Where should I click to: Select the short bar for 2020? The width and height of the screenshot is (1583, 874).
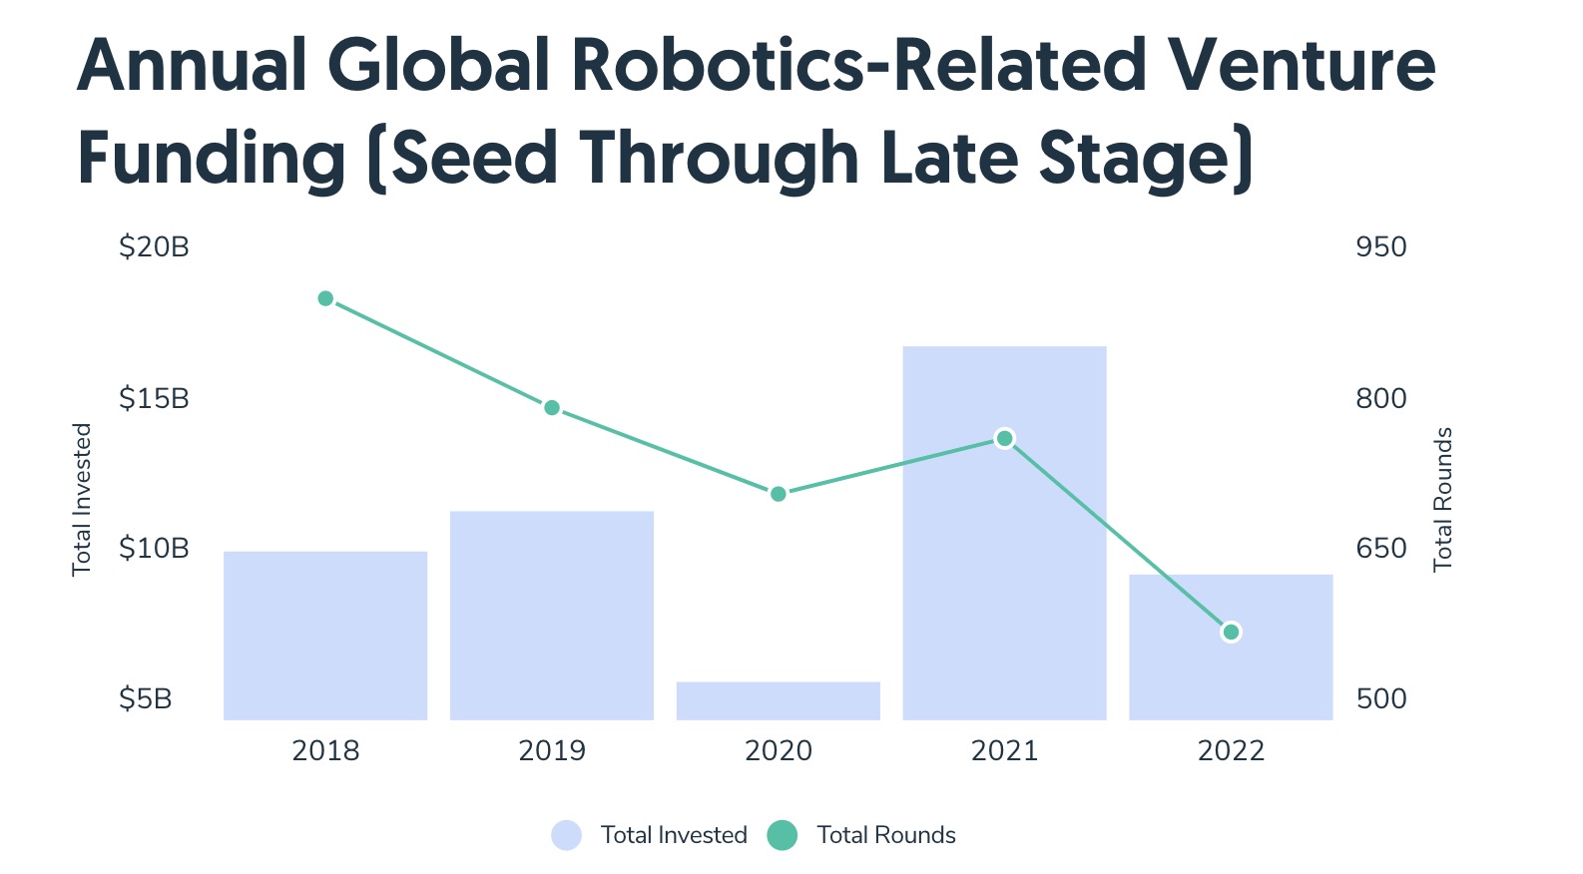point(779,700)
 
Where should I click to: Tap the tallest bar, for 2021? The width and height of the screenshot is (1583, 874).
point(1004,559)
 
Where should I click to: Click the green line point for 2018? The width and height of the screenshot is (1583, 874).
point(325,298)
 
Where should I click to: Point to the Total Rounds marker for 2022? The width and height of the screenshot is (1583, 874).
point(1231,632)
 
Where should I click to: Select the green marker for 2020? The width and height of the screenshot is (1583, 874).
point(779,494)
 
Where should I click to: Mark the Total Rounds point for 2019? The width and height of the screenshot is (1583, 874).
point(552,407)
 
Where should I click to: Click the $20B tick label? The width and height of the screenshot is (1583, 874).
point(154,247)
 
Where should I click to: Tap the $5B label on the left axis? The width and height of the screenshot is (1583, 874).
point(146,698)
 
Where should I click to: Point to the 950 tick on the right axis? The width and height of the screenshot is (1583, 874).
point(1380,247)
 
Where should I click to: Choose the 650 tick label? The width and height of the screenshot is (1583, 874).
point(1380,548)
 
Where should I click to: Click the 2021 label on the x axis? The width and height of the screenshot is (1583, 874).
point(1004,750)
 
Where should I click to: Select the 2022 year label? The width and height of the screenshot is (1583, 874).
point(1231,750)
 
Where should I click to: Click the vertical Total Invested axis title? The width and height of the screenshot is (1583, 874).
point(82,499)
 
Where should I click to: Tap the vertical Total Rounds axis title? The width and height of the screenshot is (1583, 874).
point(1442,499)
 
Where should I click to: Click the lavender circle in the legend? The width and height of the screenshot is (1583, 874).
point(566,835)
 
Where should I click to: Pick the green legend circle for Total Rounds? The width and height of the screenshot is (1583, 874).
point(783,835)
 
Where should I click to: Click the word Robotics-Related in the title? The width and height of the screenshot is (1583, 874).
point(858,66)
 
